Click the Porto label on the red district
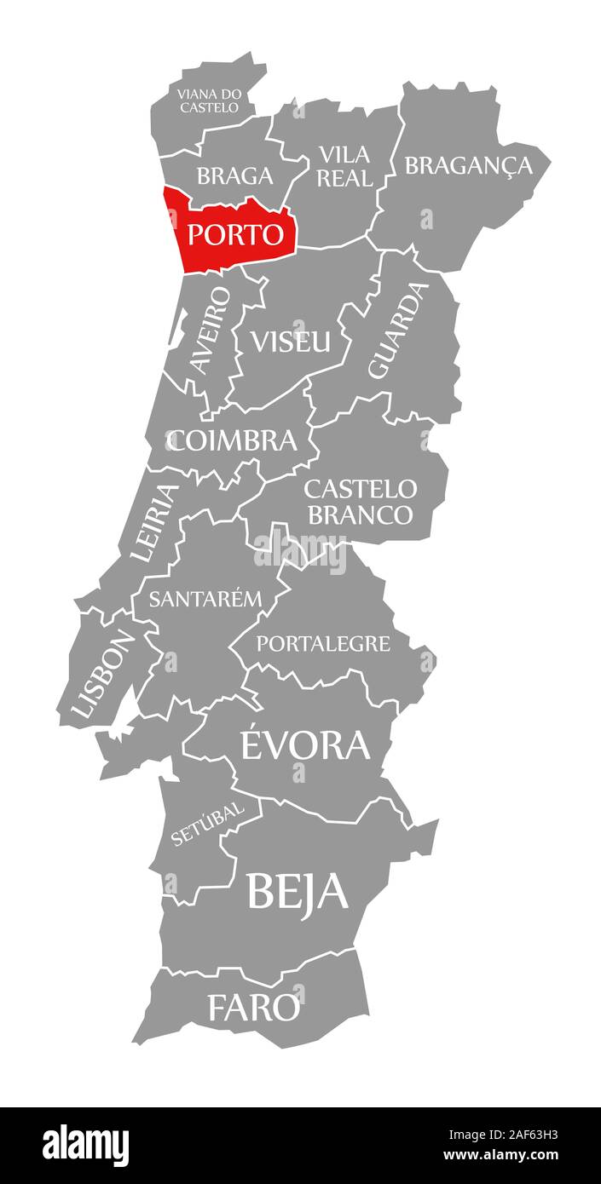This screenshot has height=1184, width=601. click(x=234, y=233)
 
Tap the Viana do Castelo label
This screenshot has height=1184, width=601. click(x=209, y=101)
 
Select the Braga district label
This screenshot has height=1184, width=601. click(x=234, y=175)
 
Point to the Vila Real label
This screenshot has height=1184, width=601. click(x=344, y=166)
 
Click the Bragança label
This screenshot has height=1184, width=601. click(x=468, y=165)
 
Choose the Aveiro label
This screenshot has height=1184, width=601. click(x=210, y=330)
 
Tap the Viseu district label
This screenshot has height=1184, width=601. click(x=290, y=341)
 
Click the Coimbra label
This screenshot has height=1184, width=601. click(x=232, y=440)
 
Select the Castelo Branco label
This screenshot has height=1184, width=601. click(x=360, y=502)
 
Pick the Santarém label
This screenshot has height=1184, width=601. click(x=205, y=598)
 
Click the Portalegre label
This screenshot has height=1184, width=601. click(x=323, y=643)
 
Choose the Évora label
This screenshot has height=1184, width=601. click(x=305, y=744)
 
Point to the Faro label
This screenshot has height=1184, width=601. click(x=254, y=1008)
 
